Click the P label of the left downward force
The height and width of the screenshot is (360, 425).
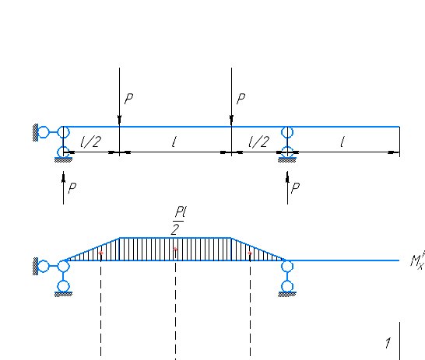click(x=128, y=99)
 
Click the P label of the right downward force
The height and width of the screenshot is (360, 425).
click(x=241, y=99)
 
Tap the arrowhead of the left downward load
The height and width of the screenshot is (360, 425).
click(x=120, y=121)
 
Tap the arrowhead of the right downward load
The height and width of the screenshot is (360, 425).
click(x=231, y=121)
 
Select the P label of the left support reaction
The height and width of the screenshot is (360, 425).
click(x=72, y=188)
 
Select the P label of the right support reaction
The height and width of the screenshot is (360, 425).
click(x=295, y=188)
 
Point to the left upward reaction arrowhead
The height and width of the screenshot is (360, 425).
click(x=63, y=177)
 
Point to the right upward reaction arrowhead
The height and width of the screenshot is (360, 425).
click(x=287, y=177)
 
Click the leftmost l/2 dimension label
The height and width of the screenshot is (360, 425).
click(x=91, y=142)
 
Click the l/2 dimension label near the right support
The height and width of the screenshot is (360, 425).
click(x=259, y=142)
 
